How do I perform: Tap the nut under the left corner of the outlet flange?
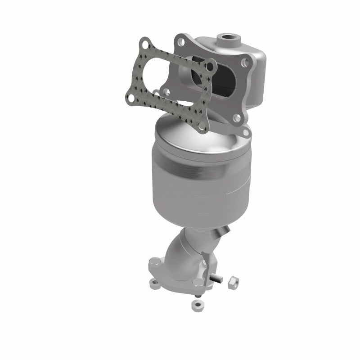tap(154, 284)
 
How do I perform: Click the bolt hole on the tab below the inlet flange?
tap(246, 133)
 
